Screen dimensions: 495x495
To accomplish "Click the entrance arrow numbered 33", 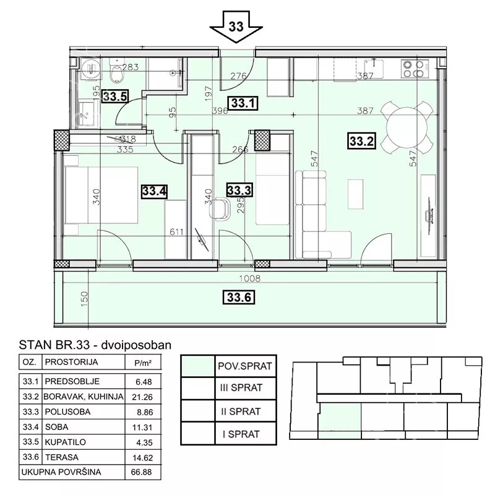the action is point(236,27).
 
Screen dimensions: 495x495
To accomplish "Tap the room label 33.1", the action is point(243,103).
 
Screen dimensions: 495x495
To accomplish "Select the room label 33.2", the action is point(362,141).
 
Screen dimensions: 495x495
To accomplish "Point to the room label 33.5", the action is point(115,96).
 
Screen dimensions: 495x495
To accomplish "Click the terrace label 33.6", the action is point(239,297).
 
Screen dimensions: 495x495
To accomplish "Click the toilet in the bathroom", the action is point(116,71).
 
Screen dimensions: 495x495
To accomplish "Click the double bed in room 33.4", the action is point(101,195).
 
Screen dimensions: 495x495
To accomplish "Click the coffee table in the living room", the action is point(355,194).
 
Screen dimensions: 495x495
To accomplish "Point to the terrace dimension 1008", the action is point(250,278).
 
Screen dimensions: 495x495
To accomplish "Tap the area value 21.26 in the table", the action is point(142,397).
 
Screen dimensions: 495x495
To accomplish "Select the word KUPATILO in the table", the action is point(66,442).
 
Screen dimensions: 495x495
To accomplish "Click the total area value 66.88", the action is point(142,472).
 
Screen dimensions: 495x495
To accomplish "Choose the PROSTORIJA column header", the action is point(71,362).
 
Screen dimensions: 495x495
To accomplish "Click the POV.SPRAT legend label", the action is point(245,366).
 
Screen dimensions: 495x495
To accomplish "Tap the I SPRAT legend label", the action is point(241,434).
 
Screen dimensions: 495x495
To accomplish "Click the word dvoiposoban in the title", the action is point(136,345).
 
